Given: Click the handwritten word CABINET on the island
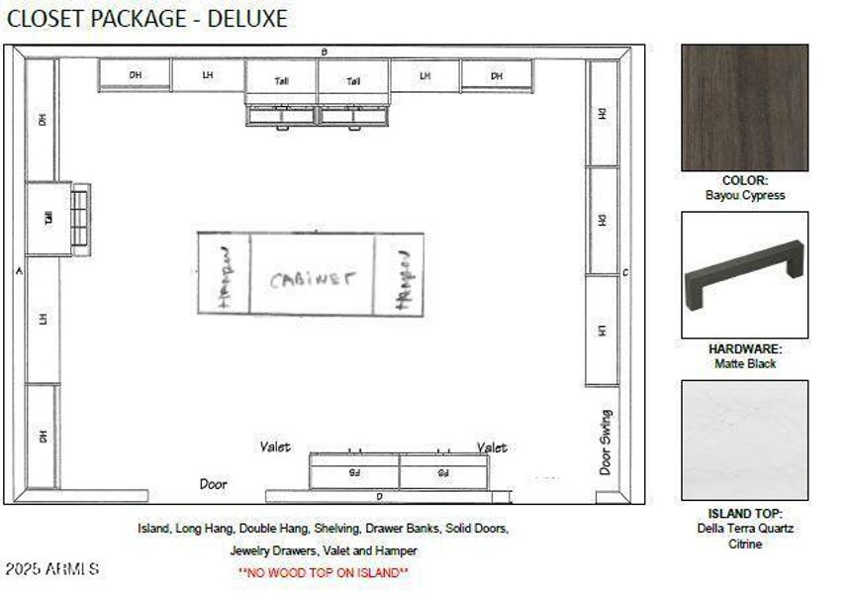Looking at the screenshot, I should [312, 278].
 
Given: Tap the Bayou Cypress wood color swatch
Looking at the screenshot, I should [744, 108].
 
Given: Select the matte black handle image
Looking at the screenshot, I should [744, 275].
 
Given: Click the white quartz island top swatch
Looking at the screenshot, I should [744, 441].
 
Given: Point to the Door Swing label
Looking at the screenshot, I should [606, 443].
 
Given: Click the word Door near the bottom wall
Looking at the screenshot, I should [213, 484].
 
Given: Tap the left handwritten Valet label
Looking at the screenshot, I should [275, 447].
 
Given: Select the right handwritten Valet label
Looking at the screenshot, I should [492, 447].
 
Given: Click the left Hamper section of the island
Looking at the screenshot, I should [224, 275].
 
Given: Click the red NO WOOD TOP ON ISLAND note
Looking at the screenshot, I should [324, 572].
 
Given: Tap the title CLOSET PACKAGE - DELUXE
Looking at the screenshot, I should [147, 19].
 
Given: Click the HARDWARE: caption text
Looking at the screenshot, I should [745, 349].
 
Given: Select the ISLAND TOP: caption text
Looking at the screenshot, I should [745, 514].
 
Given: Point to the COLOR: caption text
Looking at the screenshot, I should [745, 181].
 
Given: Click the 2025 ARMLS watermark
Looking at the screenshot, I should [51, 569].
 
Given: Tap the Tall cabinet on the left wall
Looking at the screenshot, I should [47, 218].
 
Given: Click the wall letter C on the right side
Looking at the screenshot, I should [625, 272].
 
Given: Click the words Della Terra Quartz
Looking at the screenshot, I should [745, 529].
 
